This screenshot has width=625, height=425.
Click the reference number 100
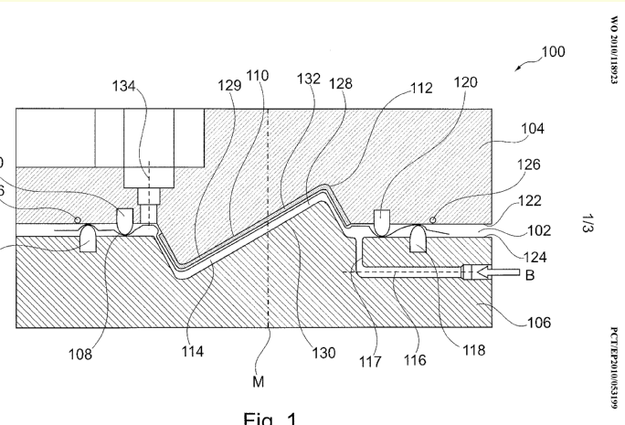point(553,52)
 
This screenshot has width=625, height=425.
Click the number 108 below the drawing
point(80,355)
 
